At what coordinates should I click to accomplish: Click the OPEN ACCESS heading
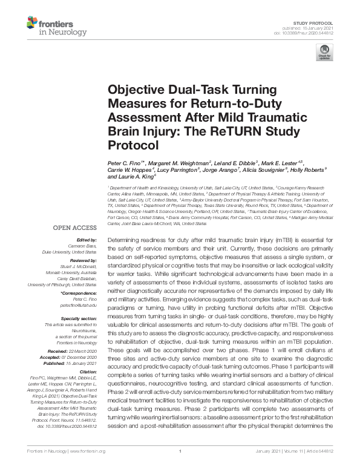click(74, 228)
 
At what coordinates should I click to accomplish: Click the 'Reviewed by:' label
click(82, 260)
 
